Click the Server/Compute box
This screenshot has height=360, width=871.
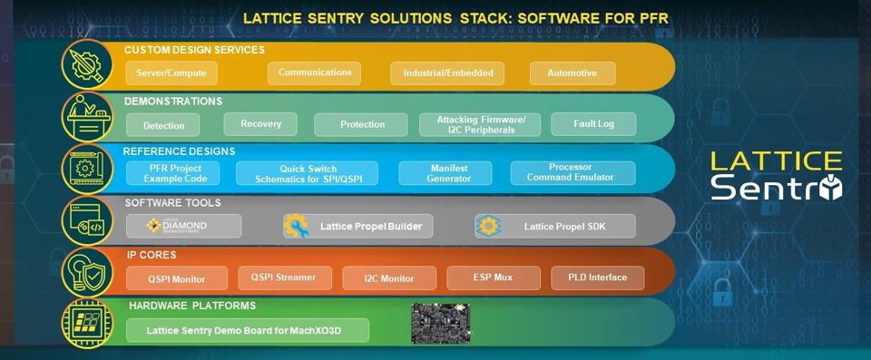point(171,73)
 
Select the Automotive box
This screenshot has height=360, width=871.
point(573,73)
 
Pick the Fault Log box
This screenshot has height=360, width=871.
point(594,124)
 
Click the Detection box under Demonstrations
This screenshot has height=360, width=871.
point(162,125)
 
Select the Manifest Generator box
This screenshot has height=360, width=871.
point(448,172)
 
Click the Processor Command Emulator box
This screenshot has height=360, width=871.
point(571,172)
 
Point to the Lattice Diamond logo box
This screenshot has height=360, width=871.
point(183,226)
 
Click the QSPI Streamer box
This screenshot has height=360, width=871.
point(285,277)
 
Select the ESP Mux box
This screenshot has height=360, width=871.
point(493,277)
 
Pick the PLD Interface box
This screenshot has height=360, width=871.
point(597,277)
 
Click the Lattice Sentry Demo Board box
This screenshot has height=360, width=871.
point(247,330)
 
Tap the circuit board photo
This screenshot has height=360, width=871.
point(440,324)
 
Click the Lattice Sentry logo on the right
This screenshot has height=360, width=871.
point(776,175)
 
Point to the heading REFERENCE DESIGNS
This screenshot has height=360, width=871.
point(179,151)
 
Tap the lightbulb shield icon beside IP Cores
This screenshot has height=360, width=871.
point(86,271)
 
